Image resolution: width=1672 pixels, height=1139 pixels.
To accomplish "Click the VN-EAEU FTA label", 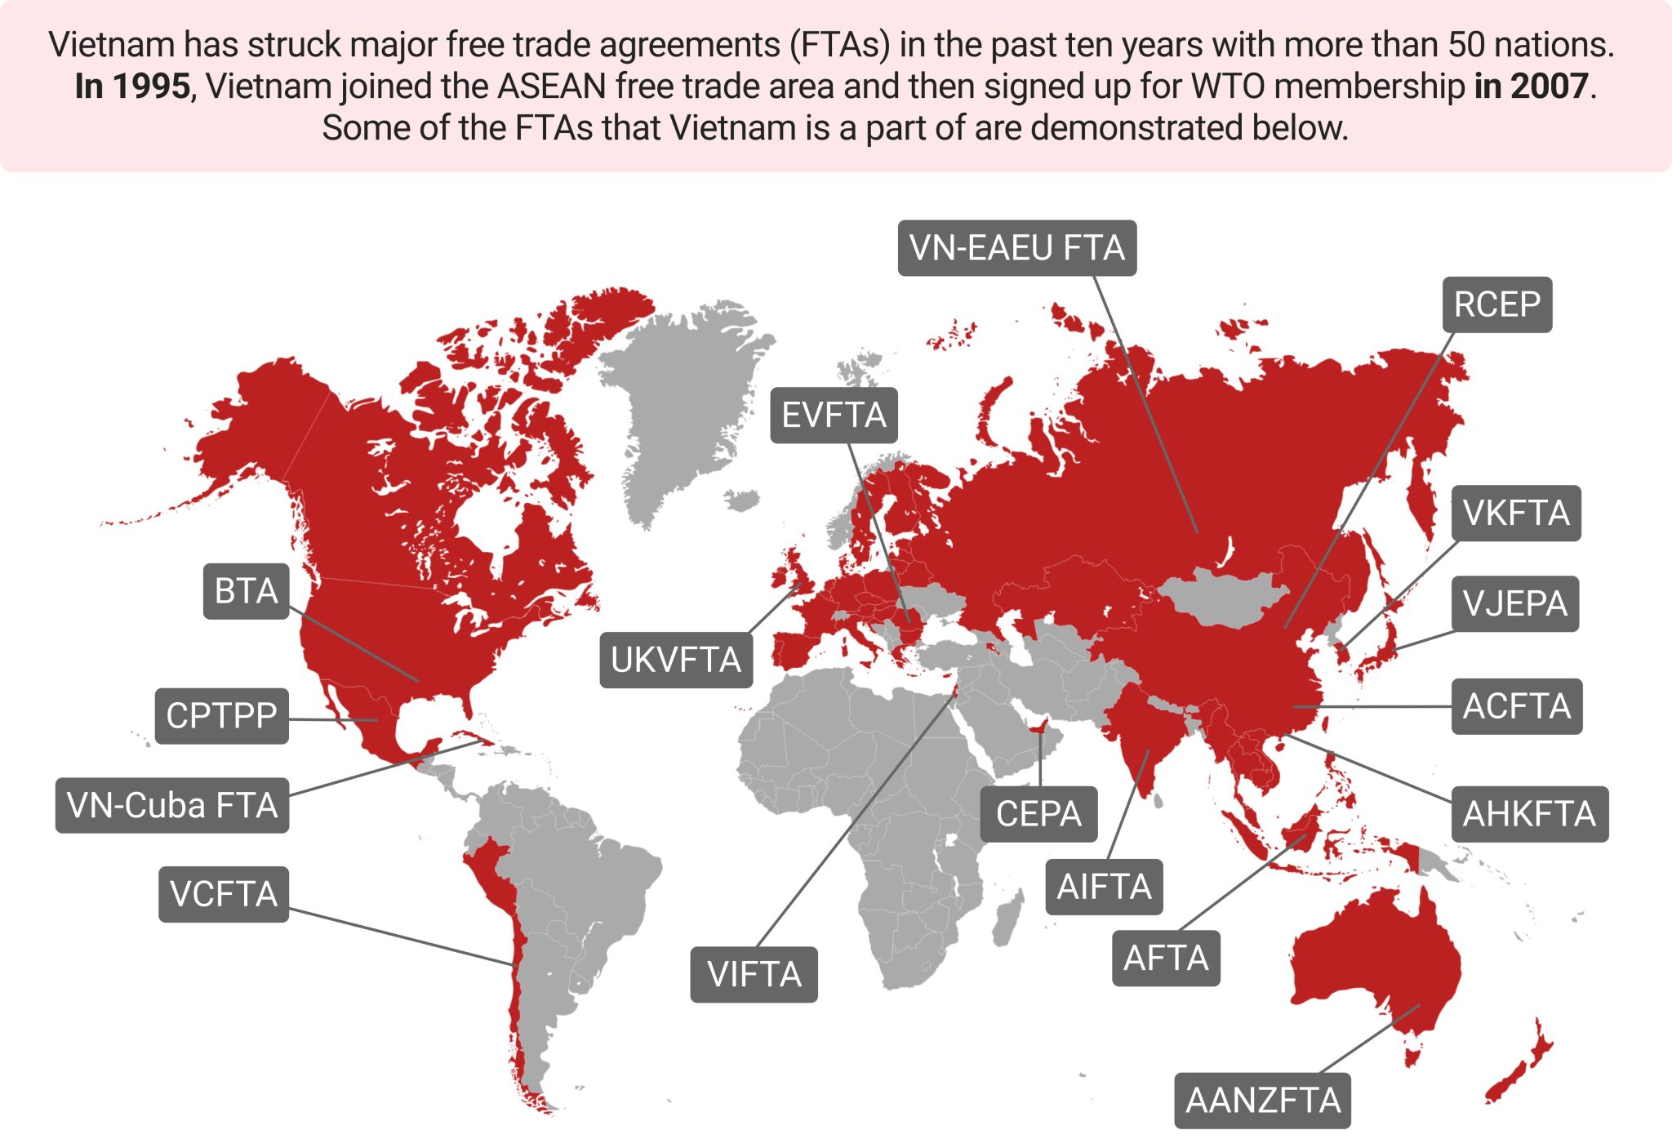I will [1016, 248].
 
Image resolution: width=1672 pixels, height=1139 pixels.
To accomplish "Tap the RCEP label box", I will [1496, 305].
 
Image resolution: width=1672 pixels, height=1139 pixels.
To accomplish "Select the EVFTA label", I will [834, 416].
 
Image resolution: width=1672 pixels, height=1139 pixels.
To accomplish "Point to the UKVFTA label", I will [676, 660].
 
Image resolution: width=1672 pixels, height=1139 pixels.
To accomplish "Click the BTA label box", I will [246, 591].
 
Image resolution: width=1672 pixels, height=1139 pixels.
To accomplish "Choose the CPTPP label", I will [221, 716].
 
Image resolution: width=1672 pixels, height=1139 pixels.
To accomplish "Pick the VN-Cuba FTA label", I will [172, 806].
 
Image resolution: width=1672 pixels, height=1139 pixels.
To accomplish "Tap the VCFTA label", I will [224, 894].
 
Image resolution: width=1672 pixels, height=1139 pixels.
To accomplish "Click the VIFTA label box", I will [754, 974].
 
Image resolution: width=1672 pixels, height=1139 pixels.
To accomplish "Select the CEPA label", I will [1038, 814].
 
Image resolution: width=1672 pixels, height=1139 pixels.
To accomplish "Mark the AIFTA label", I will [1104, 887].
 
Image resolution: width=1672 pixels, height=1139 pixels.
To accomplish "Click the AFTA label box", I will [1166, 959].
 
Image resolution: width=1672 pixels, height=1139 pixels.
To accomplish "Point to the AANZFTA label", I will [1262, 1101].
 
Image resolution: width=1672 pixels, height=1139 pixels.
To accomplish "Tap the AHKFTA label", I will [1529, 814].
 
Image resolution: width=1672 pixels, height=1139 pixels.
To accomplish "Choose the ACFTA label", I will [1516, 706].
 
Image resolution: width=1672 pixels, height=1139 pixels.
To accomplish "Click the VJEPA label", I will [1514, 604].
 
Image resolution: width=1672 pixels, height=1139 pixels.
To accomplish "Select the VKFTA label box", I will [1515, 514].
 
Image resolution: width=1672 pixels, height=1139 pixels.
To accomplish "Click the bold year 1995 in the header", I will [152, 87].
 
